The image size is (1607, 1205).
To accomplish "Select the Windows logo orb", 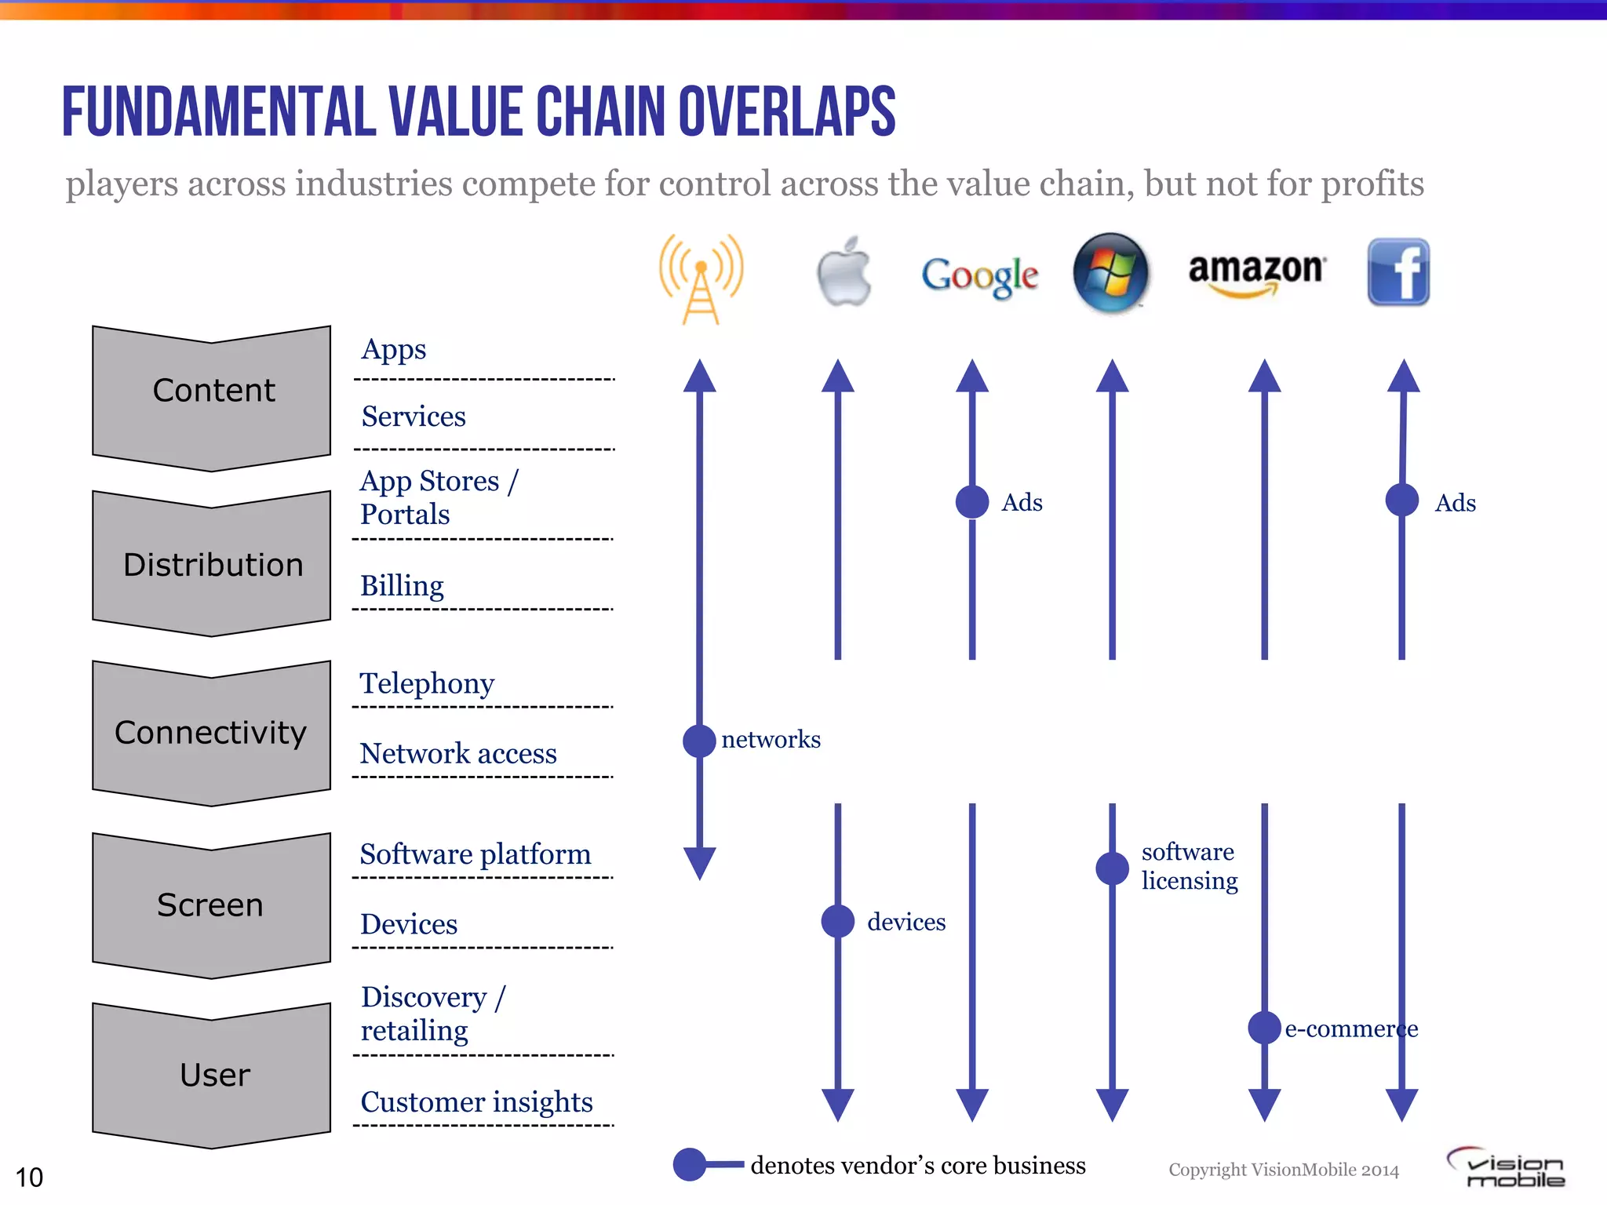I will (1110, 272).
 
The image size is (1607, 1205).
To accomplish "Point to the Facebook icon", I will (1398, 272).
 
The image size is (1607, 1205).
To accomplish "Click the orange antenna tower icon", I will (701, 278).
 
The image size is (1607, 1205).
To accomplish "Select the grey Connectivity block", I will (211, 733).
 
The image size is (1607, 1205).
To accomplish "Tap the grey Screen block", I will (211, 905).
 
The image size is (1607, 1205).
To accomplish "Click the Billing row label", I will (402, 586).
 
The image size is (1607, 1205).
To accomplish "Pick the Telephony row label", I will (427, 683).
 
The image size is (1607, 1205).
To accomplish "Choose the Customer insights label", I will (476, 1102).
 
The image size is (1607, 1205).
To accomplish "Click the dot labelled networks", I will (699, 741).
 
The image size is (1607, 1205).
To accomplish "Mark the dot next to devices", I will (838, 921).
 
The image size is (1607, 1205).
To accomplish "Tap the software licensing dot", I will (1112, 868).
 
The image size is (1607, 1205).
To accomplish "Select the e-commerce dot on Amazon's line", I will (1264, 1028).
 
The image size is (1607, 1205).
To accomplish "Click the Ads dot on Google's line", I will (972, 502).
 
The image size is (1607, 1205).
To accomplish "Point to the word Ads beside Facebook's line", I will (1455, 503).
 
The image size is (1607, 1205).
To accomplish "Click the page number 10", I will (29, 1178).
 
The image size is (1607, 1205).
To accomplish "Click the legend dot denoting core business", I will (690, 1164).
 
